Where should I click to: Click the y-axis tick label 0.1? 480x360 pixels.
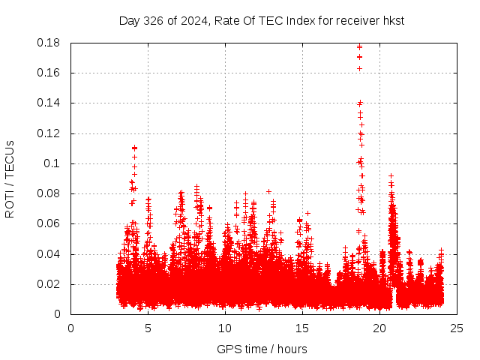(x=55, y=163)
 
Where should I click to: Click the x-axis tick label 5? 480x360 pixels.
(x=148, y=328)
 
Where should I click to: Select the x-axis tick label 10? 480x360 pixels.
(x=225, y=328)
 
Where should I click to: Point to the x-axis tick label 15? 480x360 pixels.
(x=302, y=328)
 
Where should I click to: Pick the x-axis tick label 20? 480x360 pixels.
(x=379, y=328)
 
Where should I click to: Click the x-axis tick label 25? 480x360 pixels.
(x=457, y=328)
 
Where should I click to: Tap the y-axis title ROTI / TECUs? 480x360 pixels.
(x=10, y=179)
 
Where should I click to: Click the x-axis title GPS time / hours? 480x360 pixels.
(x=262, y=349)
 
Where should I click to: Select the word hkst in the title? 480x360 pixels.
(x=393, y=21)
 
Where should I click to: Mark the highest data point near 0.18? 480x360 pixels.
(x=360, y=46)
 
